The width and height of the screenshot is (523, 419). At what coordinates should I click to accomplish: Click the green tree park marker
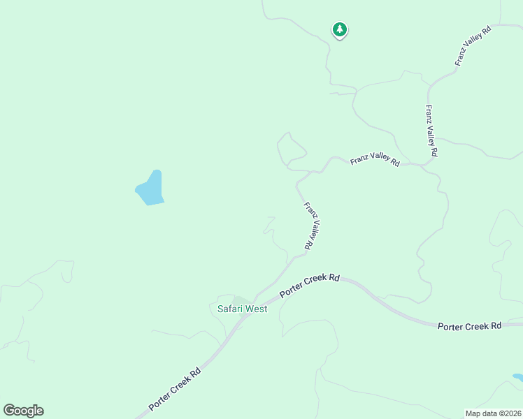pos(339,30)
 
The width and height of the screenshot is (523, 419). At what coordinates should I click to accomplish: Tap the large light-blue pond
pos(150,189)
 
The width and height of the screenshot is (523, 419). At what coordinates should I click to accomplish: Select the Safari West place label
pos(241,309)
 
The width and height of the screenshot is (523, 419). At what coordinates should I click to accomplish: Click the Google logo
pos(23,411)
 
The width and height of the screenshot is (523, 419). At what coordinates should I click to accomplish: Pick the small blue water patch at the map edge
pos(517,378)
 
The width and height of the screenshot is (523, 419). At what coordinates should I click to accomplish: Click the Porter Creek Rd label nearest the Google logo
pos(175,390)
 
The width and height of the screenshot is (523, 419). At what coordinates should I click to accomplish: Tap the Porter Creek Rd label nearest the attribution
pos(470,326)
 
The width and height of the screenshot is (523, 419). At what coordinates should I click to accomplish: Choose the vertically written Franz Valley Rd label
pos(431,131)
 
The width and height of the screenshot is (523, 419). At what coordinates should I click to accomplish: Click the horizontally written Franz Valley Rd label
pos(375,161)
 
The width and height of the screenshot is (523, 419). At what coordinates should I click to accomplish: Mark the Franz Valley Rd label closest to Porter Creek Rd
pos(312,226)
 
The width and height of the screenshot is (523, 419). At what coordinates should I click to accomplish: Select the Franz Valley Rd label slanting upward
pos(473,45)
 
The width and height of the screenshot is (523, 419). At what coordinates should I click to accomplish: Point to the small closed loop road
pos(292,149)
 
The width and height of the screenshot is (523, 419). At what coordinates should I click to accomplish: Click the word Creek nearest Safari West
pos(312,285)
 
